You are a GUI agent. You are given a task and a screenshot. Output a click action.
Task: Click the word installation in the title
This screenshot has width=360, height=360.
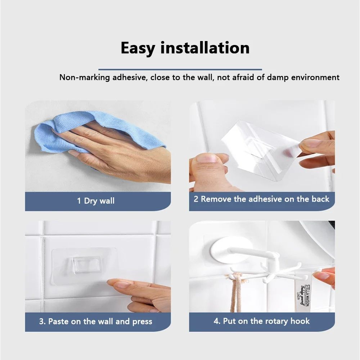tap(205, 48)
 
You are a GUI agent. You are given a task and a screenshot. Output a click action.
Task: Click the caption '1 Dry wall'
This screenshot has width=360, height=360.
tap(96, 201)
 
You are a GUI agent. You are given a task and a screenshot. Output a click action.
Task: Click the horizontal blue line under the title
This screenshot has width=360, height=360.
tap(180, 69)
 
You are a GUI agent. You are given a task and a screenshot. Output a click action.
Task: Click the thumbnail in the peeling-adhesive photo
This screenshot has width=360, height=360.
tap(207, 158)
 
